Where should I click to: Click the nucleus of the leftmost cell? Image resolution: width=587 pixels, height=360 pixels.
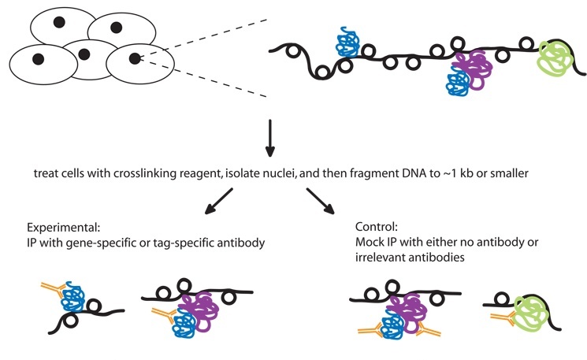(38, 58)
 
